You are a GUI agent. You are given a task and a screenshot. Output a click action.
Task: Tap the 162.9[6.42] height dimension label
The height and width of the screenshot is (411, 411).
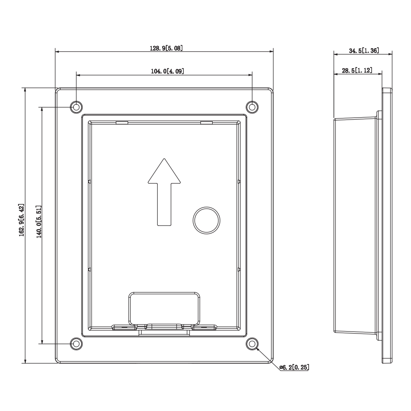pyautogui.click(x=21, y=226)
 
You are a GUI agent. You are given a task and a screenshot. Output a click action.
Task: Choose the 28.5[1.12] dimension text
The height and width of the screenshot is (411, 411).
pyautogui.click(x=357, y=71)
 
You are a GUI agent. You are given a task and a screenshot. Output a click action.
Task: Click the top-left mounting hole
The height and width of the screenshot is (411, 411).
pyautogui.click(x=76, y=107)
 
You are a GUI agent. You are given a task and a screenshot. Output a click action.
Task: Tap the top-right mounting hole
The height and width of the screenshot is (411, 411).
pyautogui.click(x=252, y=107)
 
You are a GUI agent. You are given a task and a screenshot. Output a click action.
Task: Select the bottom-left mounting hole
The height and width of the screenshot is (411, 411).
pyautogui.click(x=76, y=344)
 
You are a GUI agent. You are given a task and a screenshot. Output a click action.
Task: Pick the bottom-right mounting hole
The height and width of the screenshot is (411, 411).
pyautogui.click(x=252, y=344)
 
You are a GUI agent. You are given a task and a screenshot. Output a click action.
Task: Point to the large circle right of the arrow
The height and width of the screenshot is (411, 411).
pyautogui.click(x=207, y=220)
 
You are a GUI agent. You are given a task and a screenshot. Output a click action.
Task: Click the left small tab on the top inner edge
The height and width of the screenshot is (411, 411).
pyautogui.click(x=122, y=122)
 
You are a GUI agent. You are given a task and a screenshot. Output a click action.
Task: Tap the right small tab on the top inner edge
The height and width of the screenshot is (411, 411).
pyautogui.click(x=206, y=122)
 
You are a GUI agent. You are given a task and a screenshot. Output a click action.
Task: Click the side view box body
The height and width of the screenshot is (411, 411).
pyautogui.click(x=355, y=225)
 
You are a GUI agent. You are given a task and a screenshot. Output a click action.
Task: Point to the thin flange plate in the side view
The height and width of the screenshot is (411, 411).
pyautogui.click(x=387, y=225)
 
